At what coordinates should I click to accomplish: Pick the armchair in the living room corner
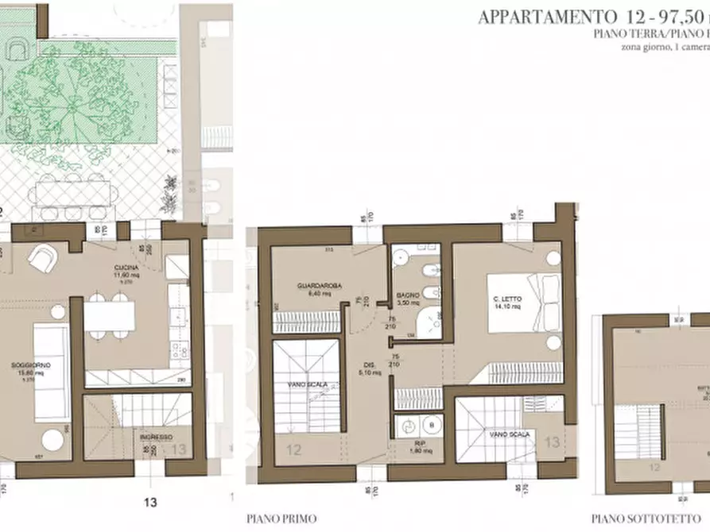point(41,256)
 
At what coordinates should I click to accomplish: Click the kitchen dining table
point(110,317)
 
